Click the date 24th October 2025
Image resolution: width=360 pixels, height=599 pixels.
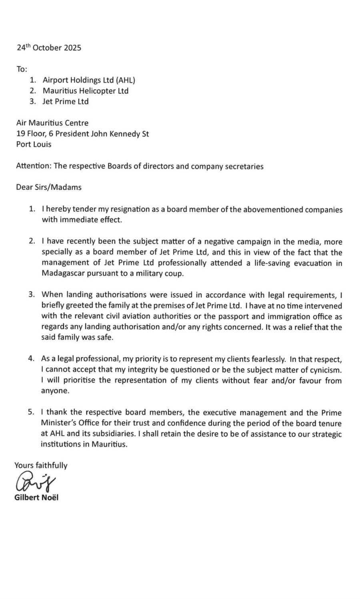click(49, 48)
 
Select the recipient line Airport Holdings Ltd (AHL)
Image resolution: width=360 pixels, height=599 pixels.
click(89, 80)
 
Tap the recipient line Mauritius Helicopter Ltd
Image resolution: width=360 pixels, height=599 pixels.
click(85, 91)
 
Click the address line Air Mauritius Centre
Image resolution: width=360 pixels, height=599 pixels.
click(52, 123)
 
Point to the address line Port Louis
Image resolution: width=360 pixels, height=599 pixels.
click(34, 144)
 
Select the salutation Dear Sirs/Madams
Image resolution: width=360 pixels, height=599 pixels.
click(49, 187)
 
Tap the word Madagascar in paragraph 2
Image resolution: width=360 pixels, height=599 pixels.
click(61, 274)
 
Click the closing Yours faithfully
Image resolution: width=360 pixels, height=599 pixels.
click(41, 465)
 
